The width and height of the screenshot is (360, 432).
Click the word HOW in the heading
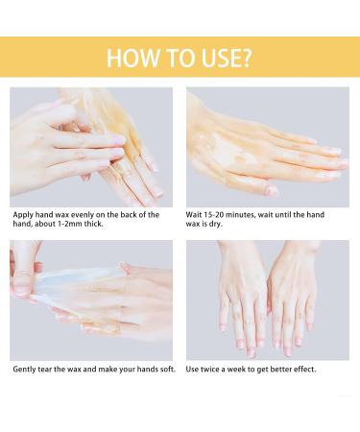(x=125, y=56)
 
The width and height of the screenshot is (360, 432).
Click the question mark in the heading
(x=248, y=56)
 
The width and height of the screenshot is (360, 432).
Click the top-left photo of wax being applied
(x=92, y=146)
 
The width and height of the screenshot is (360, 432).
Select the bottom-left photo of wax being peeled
(x=92, y=300)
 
